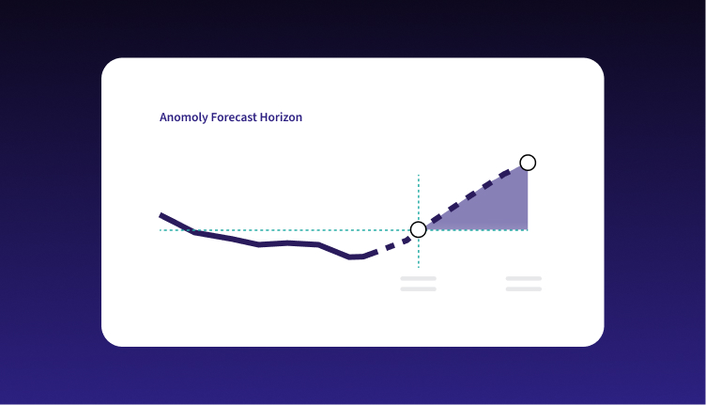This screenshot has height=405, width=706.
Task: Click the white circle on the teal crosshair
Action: (419, 229)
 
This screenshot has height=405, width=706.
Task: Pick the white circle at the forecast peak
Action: (528, 163)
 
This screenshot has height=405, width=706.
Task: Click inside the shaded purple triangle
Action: (499, 210)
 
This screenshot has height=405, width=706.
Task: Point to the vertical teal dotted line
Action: (419, 221)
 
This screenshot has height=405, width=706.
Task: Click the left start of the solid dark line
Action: (161, 215)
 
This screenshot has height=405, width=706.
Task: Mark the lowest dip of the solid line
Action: (349, 257)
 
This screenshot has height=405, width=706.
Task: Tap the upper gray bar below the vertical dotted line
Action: (419, 278)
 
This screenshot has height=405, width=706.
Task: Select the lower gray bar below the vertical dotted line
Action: (419, 288)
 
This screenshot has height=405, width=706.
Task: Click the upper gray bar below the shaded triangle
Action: (524, 278)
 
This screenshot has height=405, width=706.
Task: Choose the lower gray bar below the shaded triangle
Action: (524, 288)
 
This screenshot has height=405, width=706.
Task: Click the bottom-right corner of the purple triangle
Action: (528, 230)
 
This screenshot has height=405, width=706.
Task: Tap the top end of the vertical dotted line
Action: (419, 175)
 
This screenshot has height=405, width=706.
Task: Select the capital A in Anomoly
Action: (163, 117)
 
